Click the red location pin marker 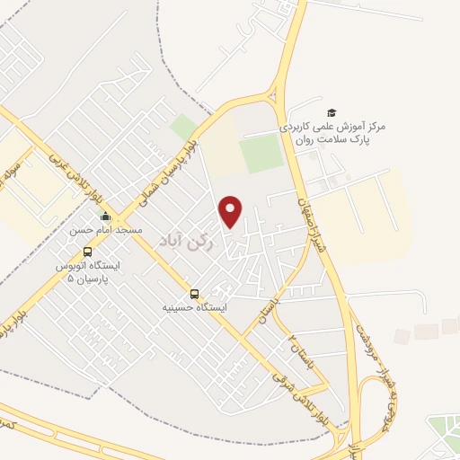coord(232,212)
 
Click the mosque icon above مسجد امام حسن coord(105,216)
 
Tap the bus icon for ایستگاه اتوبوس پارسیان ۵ coord(87,252)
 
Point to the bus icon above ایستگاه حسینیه coord(194,293)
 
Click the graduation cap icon coord(332,111)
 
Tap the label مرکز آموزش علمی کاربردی coord(333,128)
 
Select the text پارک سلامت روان coord(324,141)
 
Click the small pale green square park coord(185,128)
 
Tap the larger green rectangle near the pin coord(261,153)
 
